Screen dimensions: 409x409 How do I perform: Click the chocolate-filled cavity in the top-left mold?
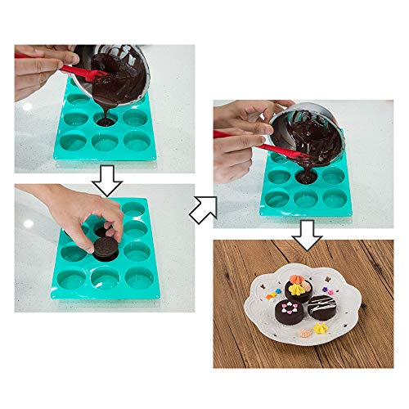click(x=105, y=122)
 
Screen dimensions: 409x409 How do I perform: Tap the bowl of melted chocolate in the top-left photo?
click(x=128, y=74)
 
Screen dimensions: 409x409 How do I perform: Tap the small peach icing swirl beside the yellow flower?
click(x=323, y=330)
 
